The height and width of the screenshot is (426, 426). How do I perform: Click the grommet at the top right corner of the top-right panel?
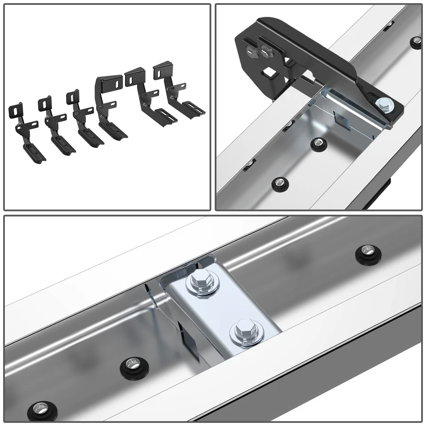pyautogui.click(x=415, y=43)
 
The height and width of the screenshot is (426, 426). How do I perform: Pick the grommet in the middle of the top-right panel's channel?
pyautogui.click(x=318, y=143)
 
